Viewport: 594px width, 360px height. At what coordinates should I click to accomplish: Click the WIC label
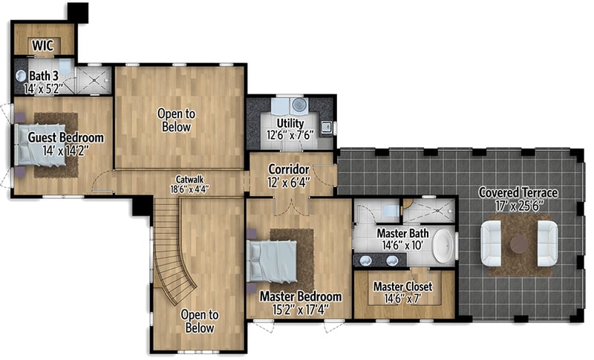point(42,46)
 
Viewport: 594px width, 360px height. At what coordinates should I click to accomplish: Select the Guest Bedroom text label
point(65,138)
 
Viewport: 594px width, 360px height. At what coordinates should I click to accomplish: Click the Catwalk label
point(186,179)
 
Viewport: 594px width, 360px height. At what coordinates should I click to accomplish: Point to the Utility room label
point(290,122)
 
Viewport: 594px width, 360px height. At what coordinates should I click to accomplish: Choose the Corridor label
point(288,169)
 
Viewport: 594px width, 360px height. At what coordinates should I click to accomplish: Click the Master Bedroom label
point(300,297)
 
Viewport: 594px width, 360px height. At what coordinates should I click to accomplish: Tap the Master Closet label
point(402,287)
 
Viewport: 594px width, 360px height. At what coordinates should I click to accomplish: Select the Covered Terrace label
point(518,193)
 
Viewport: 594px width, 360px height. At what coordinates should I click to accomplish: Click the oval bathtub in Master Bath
point(444,246)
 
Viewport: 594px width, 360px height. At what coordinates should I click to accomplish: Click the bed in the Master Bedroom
point(272,261)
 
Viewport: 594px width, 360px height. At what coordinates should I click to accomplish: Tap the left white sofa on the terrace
point(491,243)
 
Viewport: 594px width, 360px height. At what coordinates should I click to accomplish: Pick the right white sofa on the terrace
point(547,243)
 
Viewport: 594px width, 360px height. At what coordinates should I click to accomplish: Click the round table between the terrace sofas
point(519,243)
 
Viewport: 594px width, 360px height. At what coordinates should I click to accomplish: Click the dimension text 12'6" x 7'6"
point(290,135)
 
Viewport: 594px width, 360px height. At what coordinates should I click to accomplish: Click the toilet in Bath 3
point(20,76)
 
